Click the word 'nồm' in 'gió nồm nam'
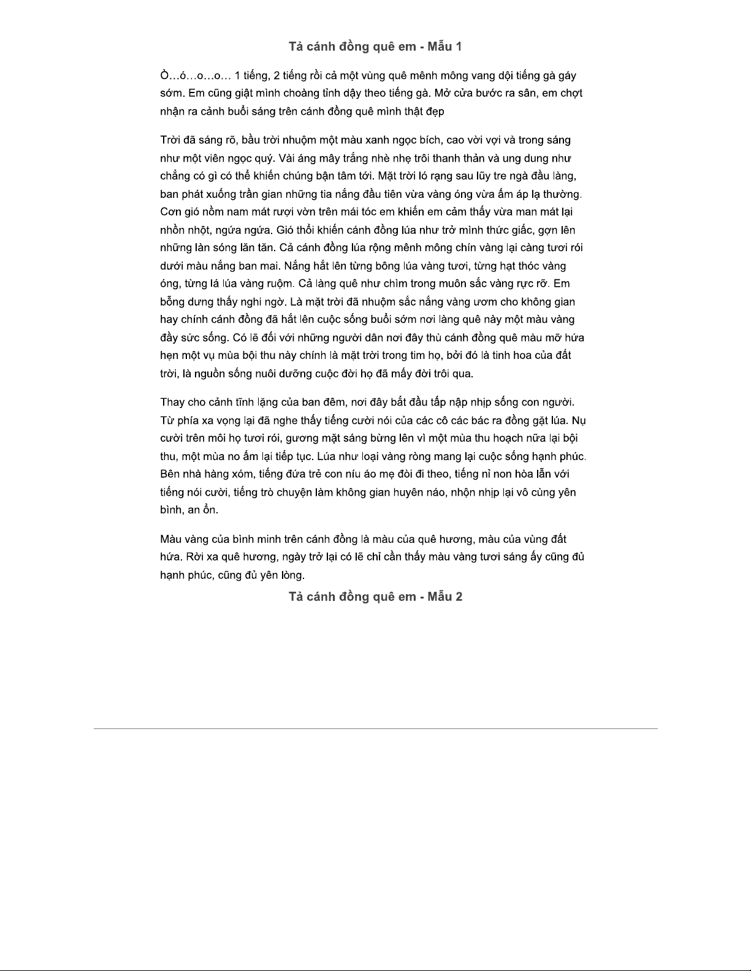tap(208, 213)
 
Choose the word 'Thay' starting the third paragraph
tap(173, 402)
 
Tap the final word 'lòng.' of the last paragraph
tap(292, 575)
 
